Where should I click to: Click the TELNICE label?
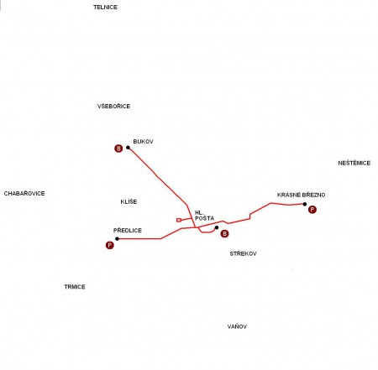[x=105, y=8]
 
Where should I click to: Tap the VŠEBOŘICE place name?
[x=113, y=106]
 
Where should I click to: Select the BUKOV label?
[x=143, y=142]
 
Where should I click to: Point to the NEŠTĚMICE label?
[x=354, y=163]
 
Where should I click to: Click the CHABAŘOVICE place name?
[x=24, y=193]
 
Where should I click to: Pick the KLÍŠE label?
[x=129, y=201]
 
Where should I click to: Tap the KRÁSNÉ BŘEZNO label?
[x=301, y=195]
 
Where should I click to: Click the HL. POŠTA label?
[x=204, y=216]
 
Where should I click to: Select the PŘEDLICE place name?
[x=128, y=230]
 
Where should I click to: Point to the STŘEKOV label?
[x=243, y=253]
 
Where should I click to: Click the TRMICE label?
[x=75, y=287]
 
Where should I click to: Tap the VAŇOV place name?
[x=237, y=326]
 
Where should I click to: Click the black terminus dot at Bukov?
[x=128, y=148]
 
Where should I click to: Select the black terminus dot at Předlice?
[x=117, y=238]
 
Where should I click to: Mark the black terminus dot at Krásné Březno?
[x=305, y=204]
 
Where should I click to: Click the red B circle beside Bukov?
[x=118, y=149]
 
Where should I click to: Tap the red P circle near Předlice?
[x=110, y=245]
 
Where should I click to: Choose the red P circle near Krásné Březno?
[x=312, y=210]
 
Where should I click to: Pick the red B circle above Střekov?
[x=224, y=233]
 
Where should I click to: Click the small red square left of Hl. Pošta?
[x=179, y=220]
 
